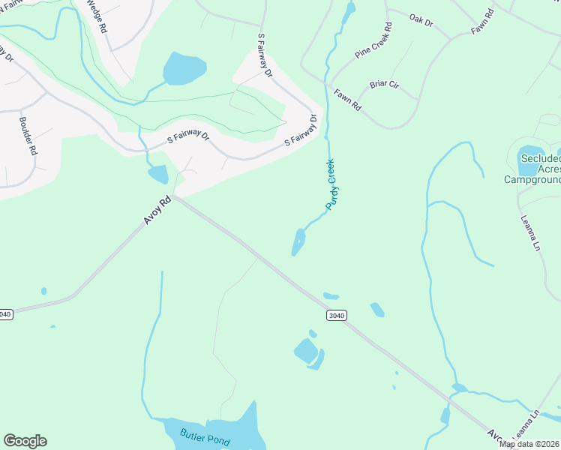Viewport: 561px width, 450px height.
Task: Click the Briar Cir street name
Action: pos(383,85)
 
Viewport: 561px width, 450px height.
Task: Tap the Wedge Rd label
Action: pos(96,15)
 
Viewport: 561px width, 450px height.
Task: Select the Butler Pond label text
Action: pos(205,436)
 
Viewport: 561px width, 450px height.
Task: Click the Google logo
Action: pos(25,441)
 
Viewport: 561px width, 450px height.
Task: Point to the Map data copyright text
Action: pos(529,444)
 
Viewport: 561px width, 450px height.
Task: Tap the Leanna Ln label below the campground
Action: pos(529,232)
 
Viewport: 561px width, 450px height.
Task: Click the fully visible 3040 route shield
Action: pos(336,316)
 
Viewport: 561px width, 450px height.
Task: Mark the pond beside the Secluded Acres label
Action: pos(530,157)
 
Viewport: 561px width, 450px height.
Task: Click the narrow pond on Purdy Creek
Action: pos(298,242)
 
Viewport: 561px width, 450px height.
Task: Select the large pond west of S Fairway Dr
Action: pos(184,69)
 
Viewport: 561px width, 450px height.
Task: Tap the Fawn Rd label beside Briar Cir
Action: pos(348,100)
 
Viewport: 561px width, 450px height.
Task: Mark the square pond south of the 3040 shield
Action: pos(305,350)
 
